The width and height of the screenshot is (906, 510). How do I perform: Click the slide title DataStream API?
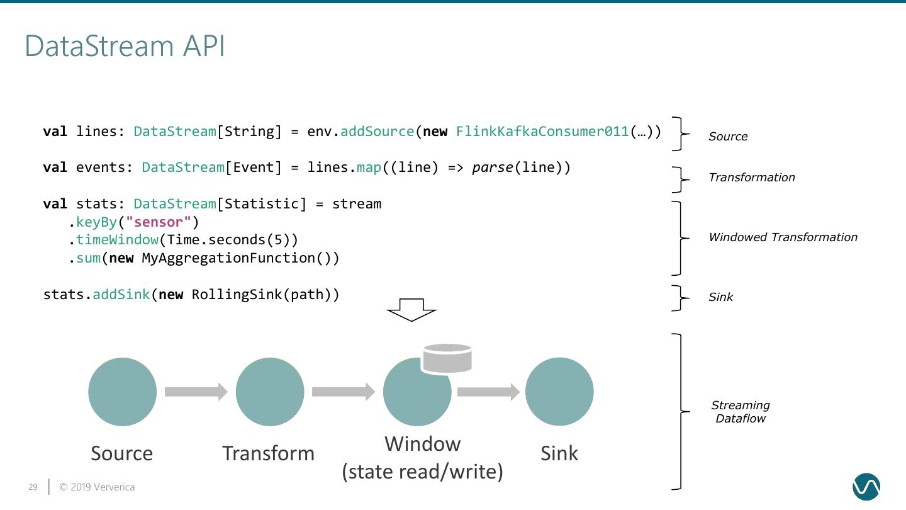click(x=125, y=47)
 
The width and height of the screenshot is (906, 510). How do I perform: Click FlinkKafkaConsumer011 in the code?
click(x=542, y=132)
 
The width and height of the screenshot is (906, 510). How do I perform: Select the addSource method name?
click(x=377, y=132)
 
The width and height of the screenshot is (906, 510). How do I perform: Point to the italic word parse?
click(x=493, y=167)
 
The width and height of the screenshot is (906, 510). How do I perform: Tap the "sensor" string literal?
click(x=158, y=222)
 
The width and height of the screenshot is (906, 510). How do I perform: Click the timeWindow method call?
click(x=117, y=240)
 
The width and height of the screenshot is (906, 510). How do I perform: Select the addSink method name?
click(x=121, y=295)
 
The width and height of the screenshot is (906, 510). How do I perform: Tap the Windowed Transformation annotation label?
click(x=783, y=237)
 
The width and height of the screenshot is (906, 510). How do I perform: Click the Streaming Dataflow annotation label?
click(x=741, y=412)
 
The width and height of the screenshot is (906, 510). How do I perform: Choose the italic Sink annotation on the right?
click(x=720, y=297)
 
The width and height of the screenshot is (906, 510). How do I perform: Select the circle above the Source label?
click(x=122, y=392)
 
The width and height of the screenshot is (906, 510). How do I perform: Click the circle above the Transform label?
click(x=269, y=392)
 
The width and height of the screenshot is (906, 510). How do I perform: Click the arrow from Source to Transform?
click(x=196, y=392)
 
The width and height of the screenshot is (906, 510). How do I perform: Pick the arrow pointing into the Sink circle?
click(x=488, y=392)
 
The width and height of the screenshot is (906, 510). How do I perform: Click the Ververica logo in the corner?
click(x=866, y=487)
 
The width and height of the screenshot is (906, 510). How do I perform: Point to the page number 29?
click(x=33, y=487)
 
